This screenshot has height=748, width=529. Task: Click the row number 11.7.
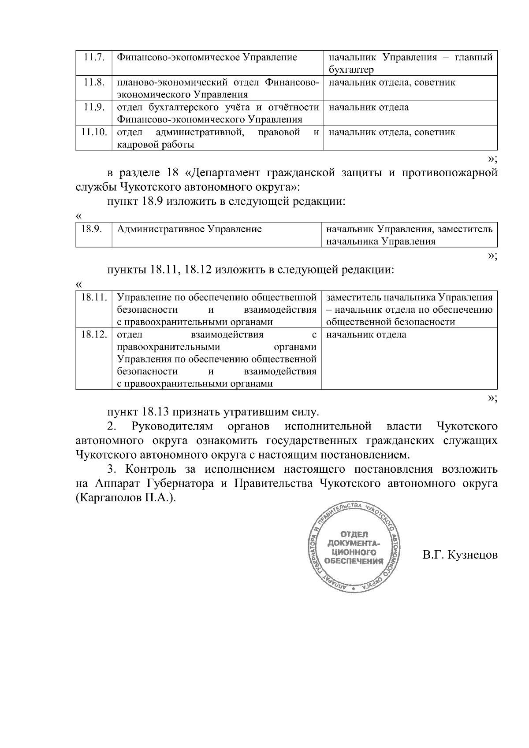pyautogui.click(x=93, y=58)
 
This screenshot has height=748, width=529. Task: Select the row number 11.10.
pyautogui.click(x=94, y=132)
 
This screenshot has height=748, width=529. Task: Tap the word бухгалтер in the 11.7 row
pyautogui.click(x=351, y=70)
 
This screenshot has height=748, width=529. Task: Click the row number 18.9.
pyautogui.click(x=92, y=229)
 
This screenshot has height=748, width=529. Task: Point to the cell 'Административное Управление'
pyautogui.click(x=190, y=229)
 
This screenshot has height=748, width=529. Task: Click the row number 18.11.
pyautogui.click(x=94, y=297)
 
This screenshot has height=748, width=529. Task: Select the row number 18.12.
pyautogui.click(x=94, y=335)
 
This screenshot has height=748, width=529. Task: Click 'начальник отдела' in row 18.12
pyautogui.click(x=366, y=335)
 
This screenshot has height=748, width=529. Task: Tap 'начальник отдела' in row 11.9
pyautogui.click(x=369, y=107)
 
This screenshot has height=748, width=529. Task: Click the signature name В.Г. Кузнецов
pyautogui.click(x=460, y=555)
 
